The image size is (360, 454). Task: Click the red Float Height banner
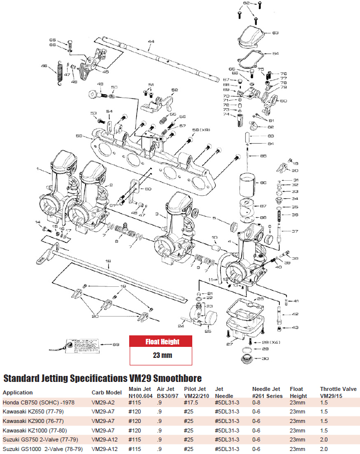pos(162,342)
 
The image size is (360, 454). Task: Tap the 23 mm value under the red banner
pos(162,355)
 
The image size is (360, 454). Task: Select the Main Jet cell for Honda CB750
pos(136,403)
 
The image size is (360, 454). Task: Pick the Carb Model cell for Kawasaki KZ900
pos(103,421)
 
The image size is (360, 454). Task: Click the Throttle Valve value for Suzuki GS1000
pos(324,449)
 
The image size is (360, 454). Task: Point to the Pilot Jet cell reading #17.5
pos(192,403)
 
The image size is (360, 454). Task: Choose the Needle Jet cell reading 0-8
pos(257,403)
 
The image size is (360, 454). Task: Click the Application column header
pos(18,392)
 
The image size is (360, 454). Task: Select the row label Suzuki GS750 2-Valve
pos(34,440)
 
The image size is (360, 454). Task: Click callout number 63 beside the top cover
pos(275,33)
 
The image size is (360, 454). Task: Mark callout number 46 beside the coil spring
pos(44,66)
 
